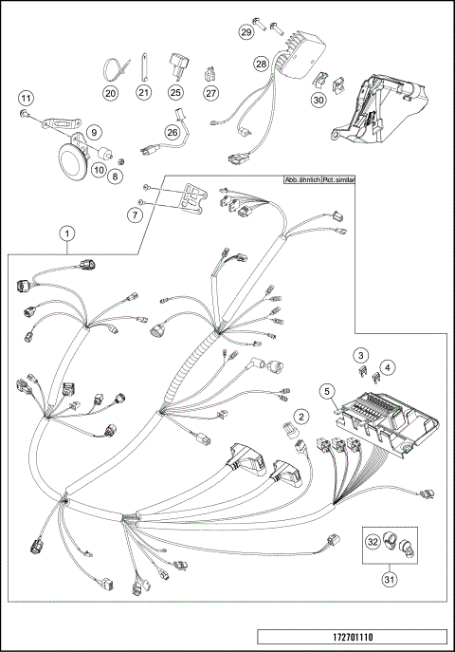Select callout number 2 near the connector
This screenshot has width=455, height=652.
(x=300, y=416)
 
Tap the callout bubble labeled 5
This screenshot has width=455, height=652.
(x=325, y=389)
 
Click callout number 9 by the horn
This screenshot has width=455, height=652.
(x=95, y=134)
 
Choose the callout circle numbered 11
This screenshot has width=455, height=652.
(x=27, y=98)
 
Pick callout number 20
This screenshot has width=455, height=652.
(x=111, y=93)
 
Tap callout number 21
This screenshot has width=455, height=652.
(x=143, y=93)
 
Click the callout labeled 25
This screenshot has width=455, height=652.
(x=175, y=93)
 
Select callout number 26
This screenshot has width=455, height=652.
(x=173, y=133)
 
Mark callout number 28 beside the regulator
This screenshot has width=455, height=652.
(x=262, y=65)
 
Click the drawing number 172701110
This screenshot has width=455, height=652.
(x=353, y=637)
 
